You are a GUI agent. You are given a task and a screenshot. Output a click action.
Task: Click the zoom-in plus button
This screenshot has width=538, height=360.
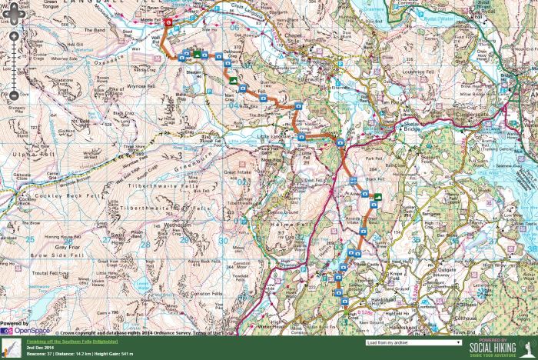[14, 37]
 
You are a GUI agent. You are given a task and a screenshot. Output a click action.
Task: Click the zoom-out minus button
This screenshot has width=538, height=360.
[14, 96]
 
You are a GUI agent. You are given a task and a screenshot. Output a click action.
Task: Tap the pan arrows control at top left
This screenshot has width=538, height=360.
[14, 14]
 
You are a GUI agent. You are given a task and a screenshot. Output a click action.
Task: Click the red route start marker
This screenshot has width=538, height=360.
[168, 23]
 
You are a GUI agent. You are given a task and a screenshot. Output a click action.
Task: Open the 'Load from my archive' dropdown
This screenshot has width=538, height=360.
[413, 342]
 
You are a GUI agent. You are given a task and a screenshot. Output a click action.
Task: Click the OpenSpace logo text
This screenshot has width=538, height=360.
[32, 331]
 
